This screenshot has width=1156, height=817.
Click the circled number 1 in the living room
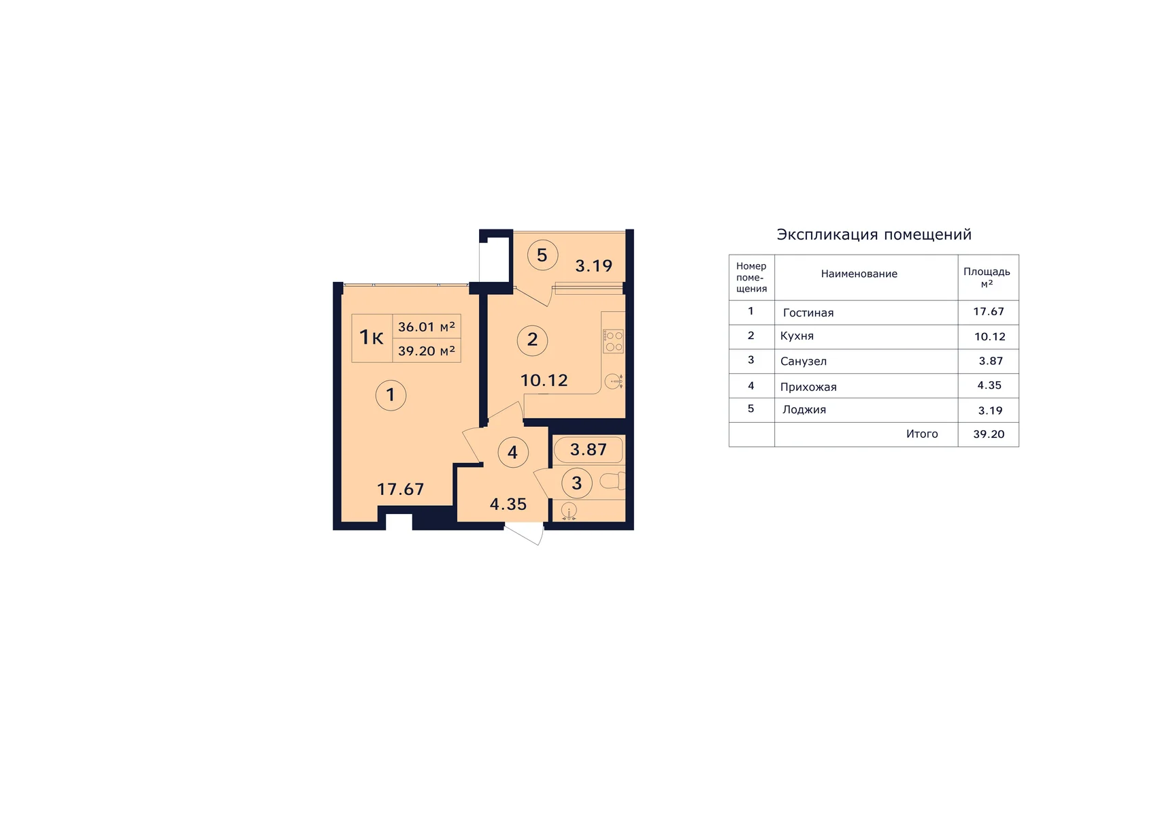tap(391, 395)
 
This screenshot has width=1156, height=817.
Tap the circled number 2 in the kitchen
tap(532, 340)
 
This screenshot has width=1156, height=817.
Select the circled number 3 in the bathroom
tap(576, 483)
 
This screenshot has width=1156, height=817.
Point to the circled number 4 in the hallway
tap(512, 452)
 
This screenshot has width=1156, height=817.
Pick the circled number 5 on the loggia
tap(542, 255)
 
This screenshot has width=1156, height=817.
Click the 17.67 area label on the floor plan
tap(401, 489)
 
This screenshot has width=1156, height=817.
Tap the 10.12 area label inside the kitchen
tap(544, 381)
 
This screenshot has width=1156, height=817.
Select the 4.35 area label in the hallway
tap(508, 504)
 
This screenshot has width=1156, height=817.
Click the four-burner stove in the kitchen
tap(614, 341)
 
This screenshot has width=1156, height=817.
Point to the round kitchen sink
tap(614, 382)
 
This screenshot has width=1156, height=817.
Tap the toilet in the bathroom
tap(612, 482)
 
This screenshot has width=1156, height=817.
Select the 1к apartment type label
tap(371, 337)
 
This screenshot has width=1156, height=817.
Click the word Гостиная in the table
tap(808, 313)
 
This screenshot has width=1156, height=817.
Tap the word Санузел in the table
tap(803, 362)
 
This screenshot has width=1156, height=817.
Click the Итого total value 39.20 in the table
tap(989, 434)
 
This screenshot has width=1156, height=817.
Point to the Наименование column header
tap(859, 274)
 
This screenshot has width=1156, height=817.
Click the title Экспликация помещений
tap(874, 235)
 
